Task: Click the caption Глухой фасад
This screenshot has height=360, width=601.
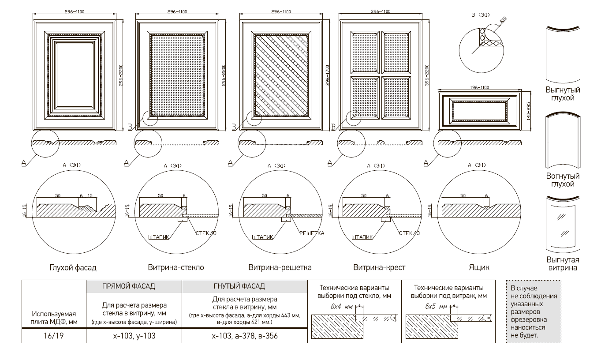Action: coord(73,267)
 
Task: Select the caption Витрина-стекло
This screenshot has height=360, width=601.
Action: coord(176,267)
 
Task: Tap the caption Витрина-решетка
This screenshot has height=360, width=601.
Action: coord(280,267)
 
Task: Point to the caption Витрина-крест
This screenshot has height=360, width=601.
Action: coord(379,267)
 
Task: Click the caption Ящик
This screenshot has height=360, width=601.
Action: coord(479,267)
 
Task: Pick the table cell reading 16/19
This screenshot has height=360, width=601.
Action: coord(54,336)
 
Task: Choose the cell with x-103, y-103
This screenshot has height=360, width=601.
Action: coord(134,336)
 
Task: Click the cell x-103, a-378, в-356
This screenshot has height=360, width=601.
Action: coord(245,336)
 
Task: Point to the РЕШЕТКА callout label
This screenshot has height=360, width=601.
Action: coord(311,233)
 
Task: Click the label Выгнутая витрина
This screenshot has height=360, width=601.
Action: coord(563,263)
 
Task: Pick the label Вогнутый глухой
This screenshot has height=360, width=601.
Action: coord(563,180)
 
